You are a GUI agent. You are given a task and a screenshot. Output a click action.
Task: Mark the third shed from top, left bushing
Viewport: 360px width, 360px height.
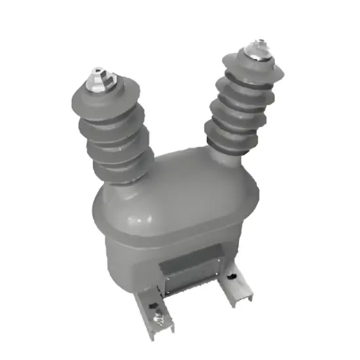pyautogui.click(x=113, y=147)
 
